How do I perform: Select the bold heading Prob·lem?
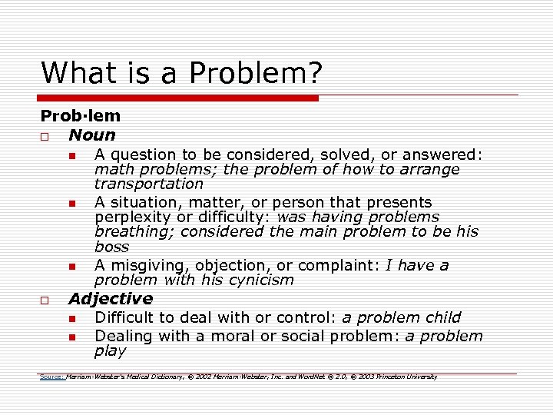tap(80, 117)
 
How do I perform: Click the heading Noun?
tap(91, 135)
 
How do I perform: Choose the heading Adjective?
tap(111, 299)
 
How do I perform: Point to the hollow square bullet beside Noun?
tap(45, 136)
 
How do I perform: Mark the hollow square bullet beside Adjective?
tap(45, 300)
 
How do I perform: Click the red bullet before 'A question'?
tap(71, 156)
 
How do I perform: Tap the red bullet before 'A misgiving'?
tap(71, 267)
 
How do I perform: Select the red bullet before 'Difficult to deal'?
tap(71, 318)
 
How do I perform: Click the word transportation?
tap(148, 184)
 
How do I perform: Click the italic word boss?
tap(111, 247)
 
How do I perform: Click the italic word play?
tap(110, 351)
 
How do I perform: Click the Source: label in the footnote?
tap(52, 377)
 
